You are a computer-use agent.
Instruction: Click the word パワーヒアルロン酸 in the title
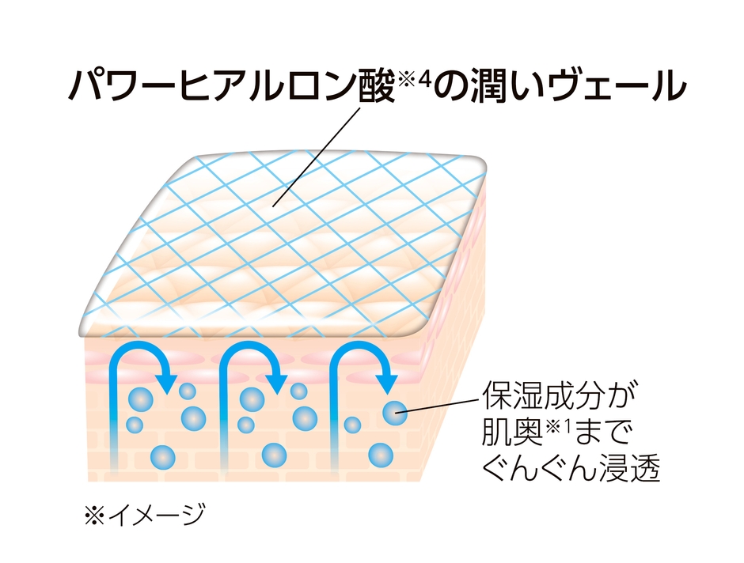[x=230, y=85]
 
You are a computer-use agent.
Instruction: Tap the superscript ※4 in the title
[x=415, y=77]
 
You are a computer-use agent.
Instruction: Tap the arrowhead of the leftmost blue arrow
[x=167, y=380]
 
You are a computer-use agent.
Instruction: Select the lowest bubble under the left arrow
[x=163, y=455]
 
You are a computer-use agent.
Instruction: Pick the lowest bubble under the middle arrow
[x=274, y=454]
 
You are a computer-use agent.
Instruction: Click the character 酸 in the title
[x=374, y=85]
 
